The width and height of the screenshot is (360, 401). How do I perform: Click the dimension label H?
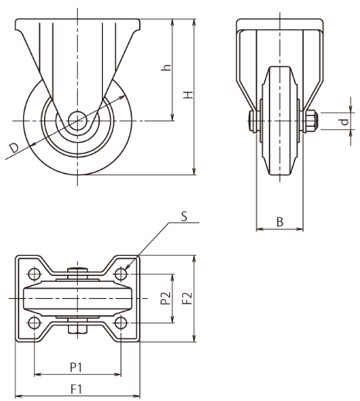point(188,95)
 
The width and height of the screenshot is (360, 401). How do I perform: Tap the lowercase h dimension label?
point(166,67)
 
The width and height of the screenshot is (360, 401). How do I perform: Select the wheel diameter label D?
point(14,148)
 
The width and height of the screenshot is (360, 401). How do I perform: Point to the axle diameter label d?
point(345,121)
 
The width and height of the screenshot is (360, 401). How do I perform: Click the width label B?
point(280,222)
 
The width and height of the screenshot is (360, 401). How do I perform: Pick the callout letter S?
point(185,216)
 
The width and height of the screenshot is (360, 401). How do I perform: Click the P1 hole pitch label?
point(76,367)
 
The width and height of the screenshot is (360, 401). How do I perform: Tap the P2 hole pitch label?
point(165,298)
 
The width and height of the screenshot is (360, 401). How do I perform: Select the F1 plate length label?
point(76,389)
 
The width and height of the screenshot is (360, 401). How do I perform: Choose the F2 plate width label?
point(188,298)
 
